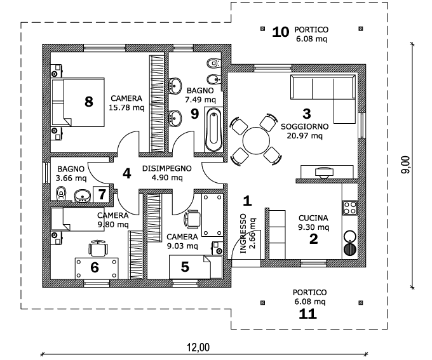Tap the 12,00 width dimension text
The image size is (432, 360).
click(x=198, y=347)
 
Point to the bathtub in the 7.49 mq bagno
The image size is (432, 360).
click(x=214, y=129)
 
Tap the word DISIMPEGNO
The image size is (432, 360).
click(x=166, y=169)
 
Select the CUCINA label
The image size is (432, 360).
click(x=314, y=218)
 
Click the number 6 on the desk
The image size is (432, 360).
click(x=95, y=267)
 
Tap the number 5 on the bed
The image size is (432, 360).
click(x=185, y=267)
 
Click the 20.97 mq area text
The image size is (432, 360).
click(x=306, y=135)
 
